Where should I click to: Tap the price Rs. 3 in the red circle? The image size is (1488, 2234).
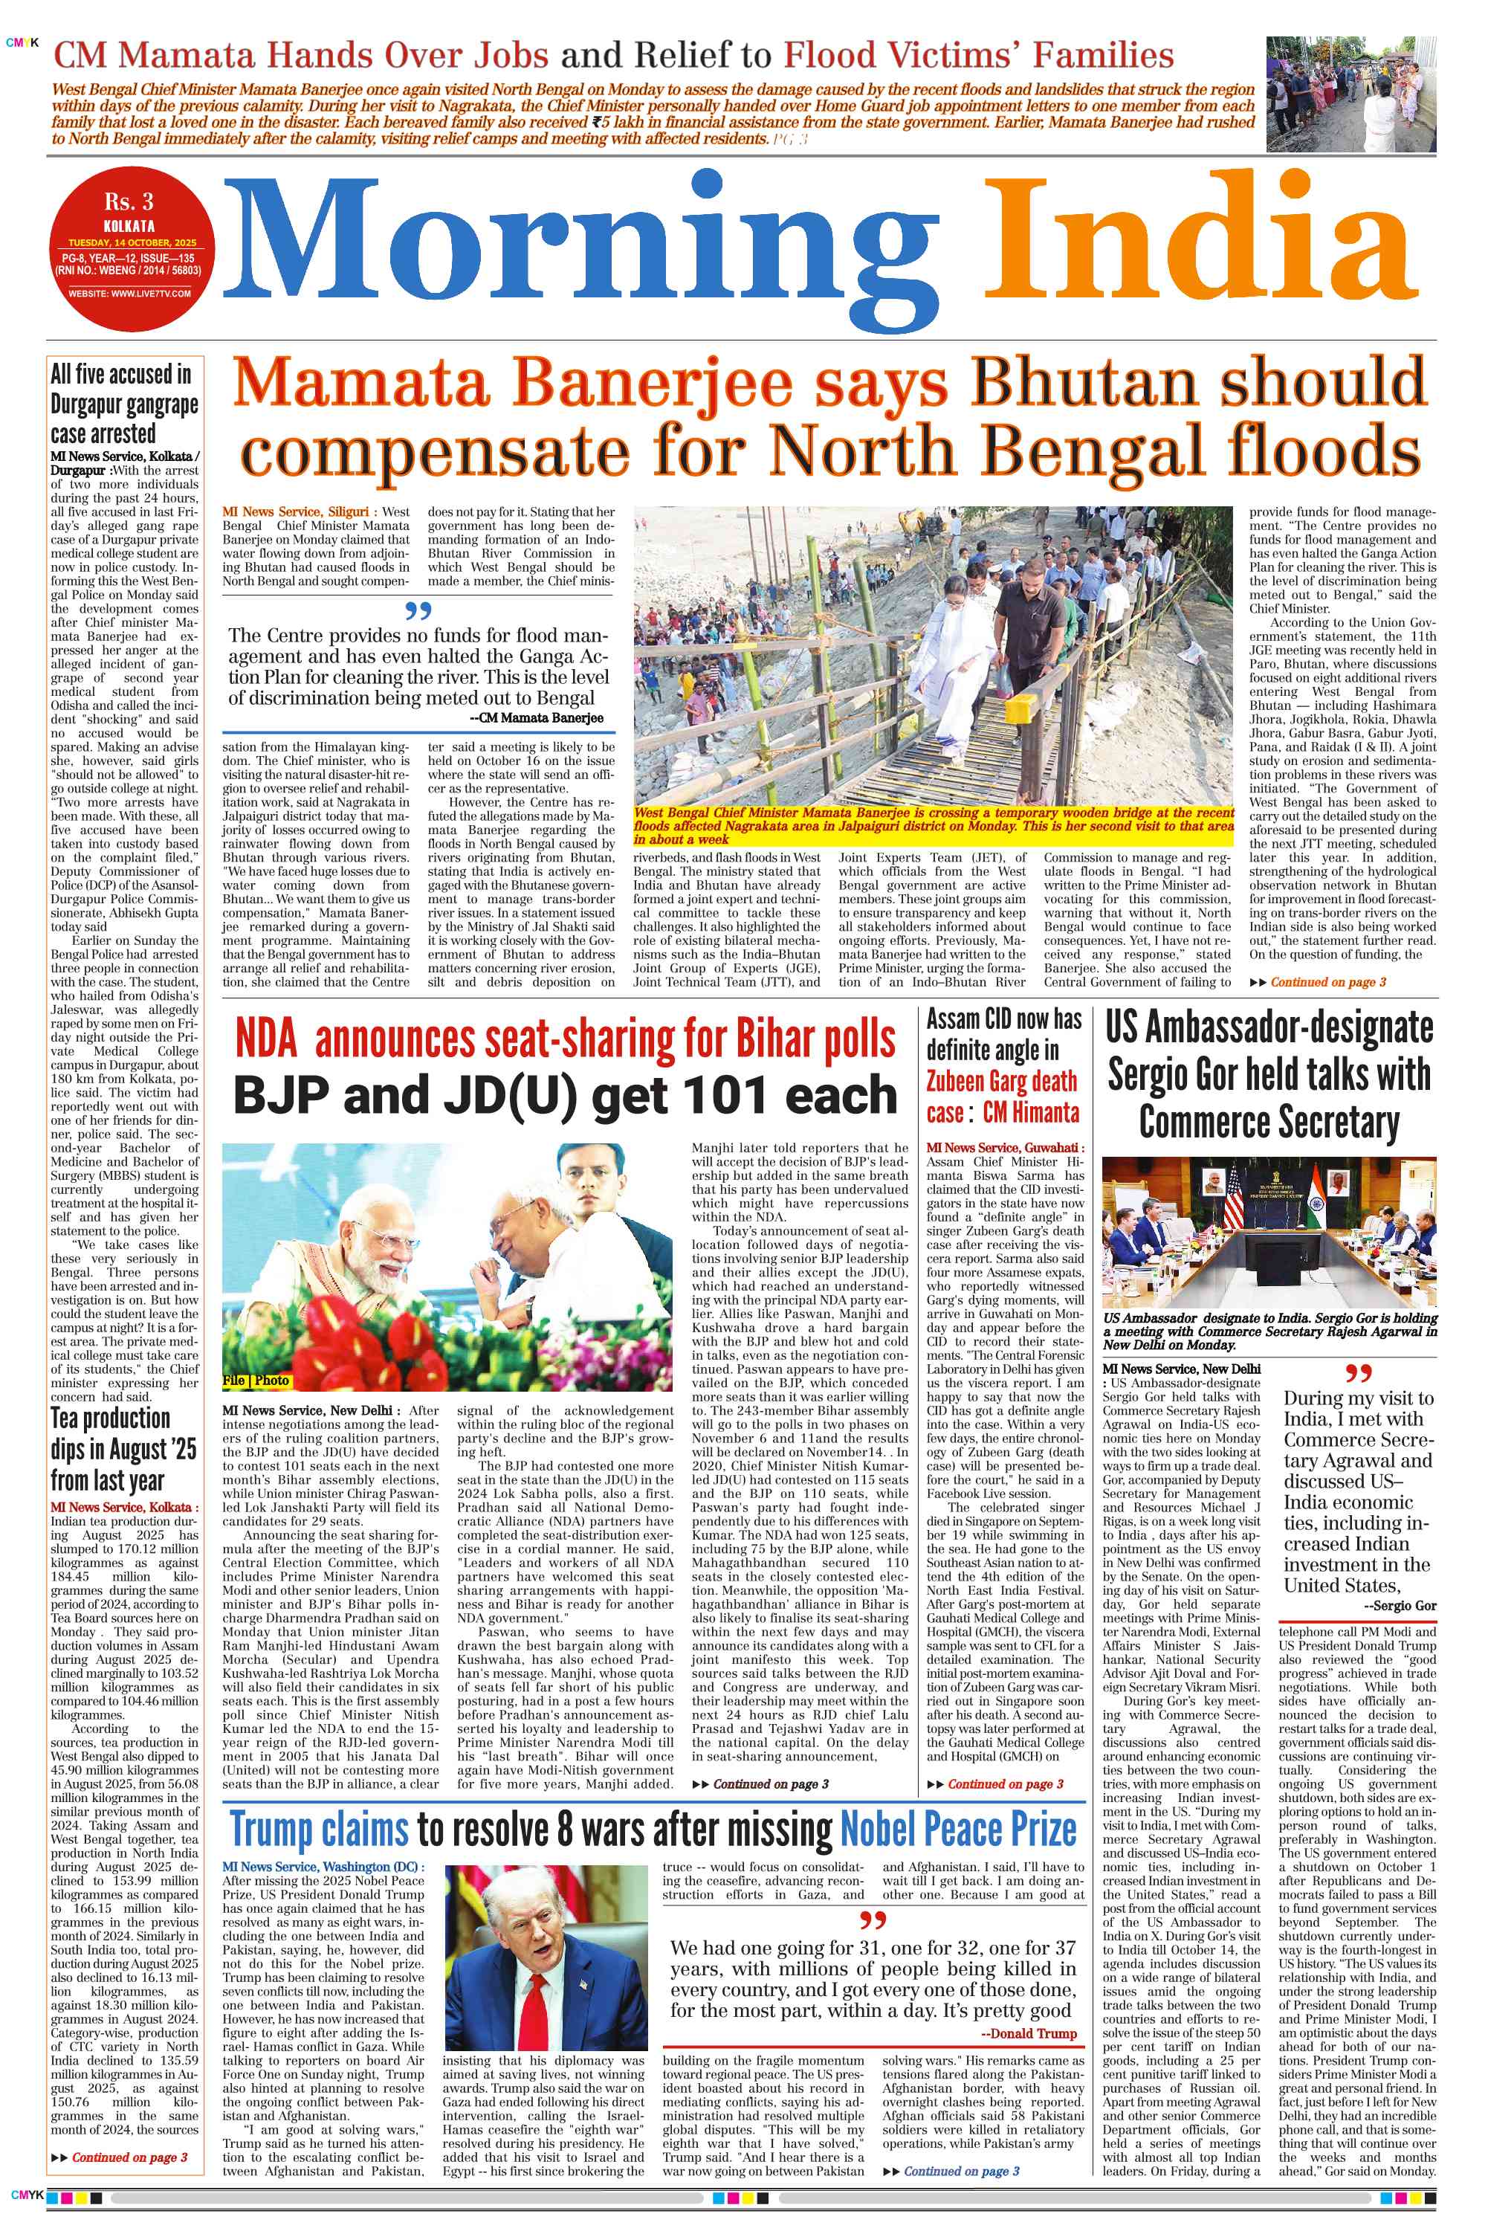pos(129,202)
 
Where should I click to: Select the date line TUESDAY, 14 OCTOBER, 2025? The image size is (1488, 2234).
pos(132,243)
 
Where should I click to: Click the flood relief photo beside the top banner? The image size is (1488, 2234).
pos(1350,94)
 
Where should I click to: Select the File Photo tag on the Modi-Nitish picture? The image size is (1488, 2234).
pos(255,1380)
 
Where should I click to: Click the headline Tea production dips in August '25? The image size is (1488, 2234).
pos(123,1449)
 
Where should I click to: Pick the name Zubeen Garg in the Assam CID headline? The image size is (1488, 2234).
pos(1001,1081)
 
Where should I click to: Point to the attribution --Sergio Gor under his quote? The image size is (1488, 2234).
pos(1399,1606)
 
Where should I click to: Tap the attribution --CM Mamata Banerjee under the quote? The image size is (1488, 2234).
pos(537,717)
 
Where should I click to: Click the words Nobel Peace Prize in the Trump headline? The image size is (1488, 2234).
pos(957,1829)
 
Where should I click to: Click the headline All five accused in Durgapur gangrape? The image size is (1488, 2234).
pos(124,404)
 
